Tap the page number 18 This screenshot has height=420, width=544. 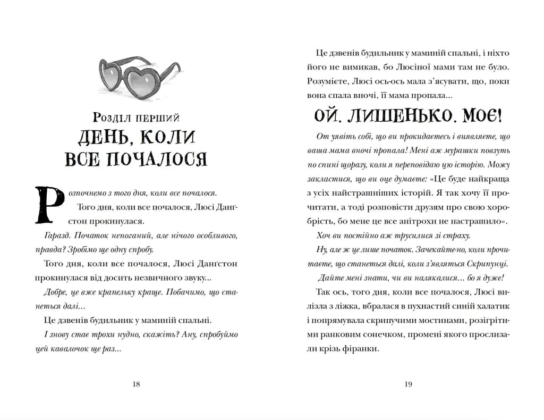(136, 384)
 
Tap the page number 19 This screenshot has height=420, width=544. (408, 384)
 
